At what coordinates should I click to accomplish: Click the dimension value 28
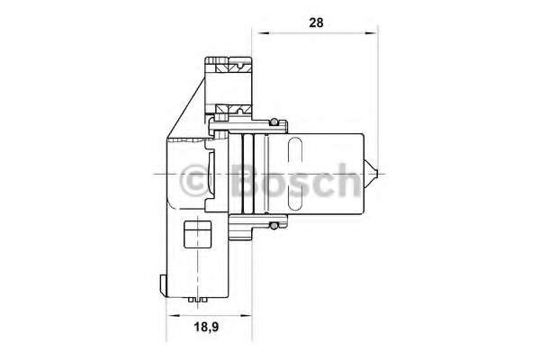tap(316, 22)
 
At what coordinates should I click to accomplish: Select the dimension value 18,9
tap(207, 327)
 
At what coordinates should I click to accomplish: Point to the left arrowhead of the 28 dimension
tap(261, 33)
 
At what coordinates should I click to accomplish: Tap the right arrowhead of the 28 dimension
tap(370, 33)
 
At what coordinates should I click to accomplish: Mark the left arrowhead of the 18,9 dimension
tap(174, 315)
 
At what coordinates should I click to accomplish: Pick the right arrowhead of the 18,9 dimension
tap(244, 315)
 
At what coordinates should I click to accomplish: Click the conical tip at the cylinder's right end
tap(371, 174)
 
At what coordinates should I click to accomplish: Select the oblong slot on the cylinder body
tap(295, 174)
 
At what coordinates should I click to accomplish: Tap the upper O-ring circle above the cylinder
tap(274, 122)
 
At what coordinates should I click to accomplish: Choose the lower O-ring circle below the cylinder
tap(274, 225)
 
